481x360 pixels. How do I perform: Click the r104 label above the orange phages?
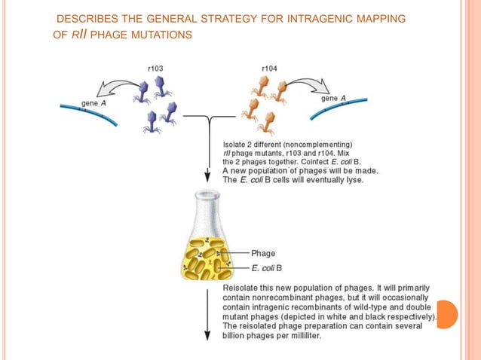pos(269,69)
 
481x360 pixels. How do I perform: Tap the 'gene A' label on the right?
pos(334,98)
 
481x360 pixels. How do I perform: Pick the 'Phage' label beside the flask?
pos(263,253)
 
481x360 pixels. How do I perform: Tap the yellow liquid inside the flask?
pos(204,260)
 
